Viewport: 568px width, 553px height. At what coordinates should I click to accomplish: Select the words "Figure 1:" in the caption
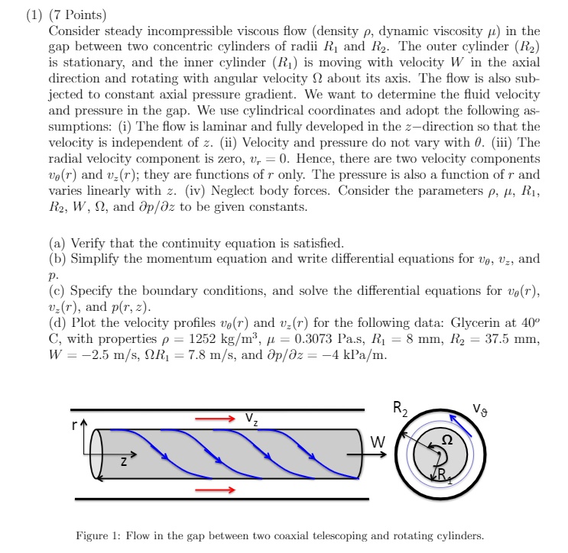pyautogui.click(x=99, y=535)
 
